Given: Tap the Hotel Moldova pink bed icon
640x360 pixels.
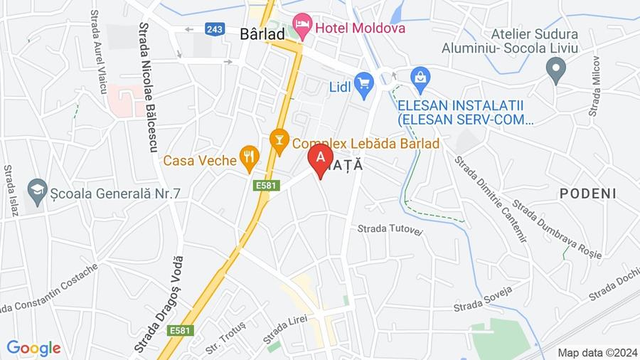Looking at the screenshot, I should [302, 28].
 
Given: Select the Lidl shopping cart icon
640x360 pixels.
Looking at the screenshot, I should [364, 86].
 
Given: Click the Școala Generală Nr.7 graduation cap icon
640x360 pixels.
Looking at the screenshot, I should [37, 191].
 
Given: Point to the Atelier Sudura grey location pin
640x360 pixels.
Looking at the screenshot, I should [555, 70].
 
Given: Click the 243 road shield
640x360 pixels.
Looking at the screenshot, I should [215, 29].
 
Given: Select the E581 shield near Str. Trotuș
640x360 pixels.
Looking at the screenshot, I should [181, 331].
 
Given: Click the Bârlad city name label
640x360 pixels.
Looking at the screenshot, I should [262, 33].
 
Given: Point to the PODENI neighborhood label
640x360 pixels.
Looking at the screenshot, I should [587, 194].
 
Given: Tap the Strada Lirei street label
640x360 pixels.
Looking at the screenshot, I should [285, 327].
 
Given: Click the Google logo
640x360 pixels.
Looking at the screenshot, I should [33, 349].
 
